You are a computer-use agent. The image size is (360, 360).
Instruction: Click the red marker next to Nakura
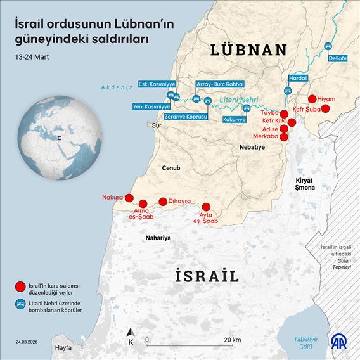point(129,198)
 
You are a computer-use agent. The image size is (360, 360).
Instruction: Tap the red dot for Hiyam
point(312,99)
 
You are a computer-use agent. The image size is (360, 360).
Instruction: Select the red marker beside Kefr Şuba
point(326,109)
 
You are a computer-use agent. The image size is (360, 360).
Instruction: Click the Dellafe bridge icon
point(328,47)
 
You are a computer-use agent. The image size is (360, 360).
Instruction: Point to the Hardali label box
point(298,78)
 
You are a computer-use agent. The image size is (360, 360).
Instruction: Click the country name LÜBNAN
point(248,49)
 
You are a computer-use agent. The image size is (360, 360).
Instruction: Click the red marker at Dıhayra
point(163,202)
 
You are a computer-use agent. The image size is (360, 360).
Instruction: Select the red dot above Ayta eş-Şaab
point(206,207)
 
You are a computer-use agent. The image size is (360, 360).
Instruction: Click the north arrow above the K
point(131,332)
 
